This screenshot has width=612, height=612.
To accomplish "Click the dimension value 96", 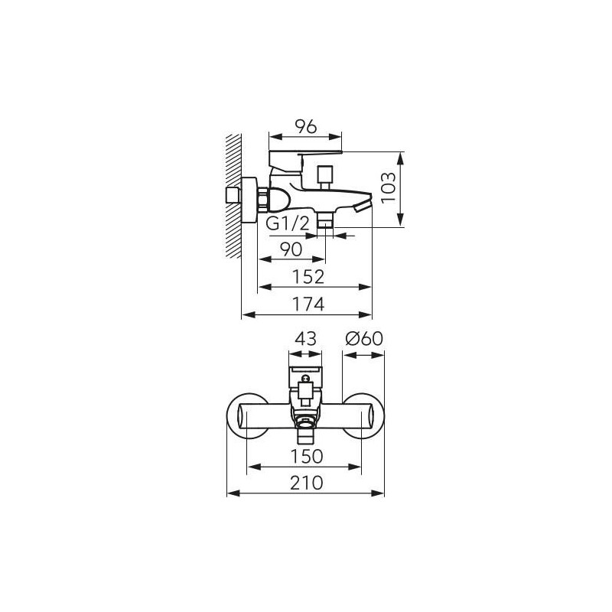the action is pos(305,127).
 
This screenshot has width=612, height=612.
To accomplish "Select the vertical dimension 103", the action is pos(389,188).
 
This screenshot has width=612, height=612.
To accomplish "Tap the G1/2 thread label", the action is pos(288,223).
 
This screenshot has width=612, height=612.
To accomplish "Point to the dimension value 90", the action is pos(291,249).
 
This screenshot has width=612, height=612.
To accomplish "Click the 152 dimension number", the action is pos(308,277).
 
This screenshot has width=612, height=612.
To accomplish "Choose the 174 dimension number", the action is pos(308,304).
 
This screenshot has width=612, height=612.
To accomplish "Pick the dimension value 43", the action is pos(305,339).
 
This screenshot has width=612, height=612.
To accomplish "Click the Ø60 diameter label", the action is pos(364,339).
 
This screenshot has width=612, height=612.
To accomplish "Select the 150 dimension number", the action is pos(307,456).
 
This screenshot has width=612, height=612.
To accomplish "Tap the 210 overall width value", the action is pos(307,483).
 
